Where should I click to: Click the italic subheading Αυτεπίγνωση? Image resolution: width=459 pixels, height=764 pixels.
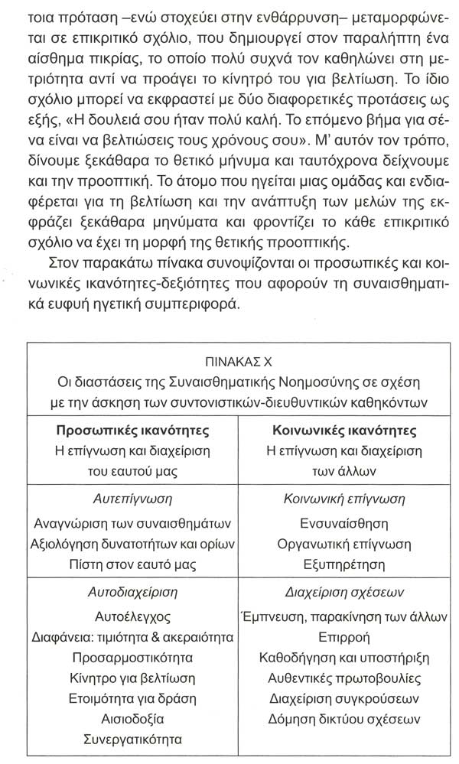(133, 497)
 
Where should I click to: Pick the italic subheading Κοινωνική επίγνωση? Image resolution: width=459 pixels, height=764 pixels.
(344, 497)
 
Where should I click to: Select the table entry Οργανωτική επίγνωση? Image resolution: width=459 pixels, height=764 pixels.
(344, 545)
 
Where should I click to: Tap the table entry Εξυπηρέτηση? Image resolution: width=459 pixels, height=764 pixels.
(344, 566)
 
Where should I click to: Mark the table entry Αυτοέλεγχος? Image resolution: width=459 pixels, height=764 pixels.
(133, 616)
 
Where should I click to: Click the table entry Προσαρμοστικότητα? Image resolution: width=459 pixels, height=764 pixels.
(133, 658)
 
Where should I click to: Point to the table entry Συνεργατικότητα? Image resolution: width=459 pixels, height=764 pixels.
(133, 740)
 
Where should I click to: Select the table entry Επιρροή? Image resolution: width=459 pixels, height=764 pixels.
(344, 637)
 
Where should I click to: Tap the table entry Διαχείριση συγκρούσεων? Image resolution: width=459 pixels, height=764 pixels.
(344, 699)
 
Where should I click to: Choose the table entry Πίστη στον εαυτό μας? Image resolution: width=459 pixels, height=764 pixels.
(133, 566)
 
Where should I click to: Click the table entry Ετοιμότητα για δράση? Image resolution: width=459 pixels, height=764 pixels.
(133, 699)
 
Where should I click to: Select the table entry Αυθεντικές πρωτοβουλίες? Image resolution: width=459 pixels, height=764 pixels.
(344, 678)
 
